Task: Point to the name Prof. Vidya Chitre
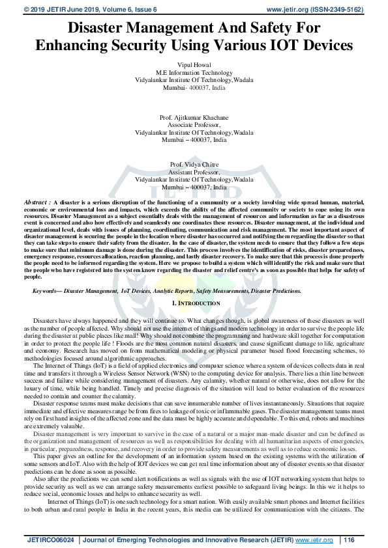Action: pyautogui.click(x=194, y=165)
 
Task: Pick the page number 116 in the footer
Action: pyautogui.click(x=350, y=540)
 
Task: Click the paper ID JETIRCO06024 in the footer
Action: pyautogui.click(x=51, y=540)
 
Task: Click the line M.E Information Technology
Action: pyautogui.click(x=194, y=73)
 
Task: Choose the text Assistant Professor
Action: pyautogui.click(x=194, y=172)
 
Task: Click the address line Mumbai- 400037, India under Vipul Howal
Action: pyautogui.click(x=194, y=87)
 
